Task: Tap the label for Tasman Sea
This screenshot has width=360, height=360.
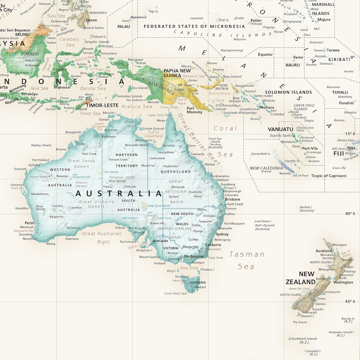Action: click(246, 260)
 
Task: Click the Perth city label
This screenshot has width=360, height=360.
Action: click(29, 223)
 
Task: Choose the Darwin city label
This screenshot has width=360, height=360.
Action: click(104, 119)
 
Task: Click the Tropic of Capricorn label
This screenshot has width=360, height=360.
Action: click(328, 176)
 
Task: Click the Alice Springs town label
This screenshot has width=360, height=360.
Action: click(117, 181)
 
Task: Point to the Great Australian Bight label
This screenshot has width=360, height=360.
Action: click(102, 237)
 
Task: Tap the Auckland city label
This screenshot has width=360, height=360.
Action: click(324, 251)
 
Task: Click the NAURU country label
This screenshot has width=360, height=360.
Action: click(292, 65)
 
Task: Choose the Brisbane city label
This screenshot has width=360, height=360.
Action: click(233, 199)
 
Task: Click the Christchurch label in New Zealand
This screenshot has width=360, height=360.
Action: click(331, 292)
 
